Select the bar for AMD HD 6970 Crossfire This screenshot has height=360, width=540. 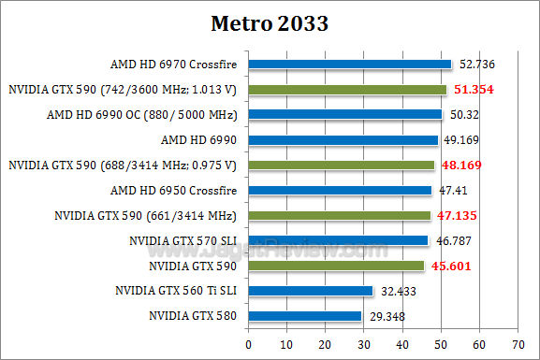[350, 65]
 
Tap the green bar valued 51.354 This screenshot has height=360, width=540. [347, 90]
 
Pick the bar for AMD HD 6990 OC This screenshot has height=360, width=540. [344, 115]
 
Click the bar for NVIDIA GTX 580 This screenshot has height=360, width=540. [304, 316]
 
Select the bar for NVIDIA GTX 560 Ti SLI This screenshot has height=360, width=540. [310, 291]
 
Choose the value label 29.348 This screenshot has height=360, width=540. [387, 317]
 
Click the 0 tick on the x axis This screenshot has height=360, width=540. [248, 345]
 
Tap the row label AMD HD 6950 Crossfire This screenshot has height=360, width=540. [173, 191]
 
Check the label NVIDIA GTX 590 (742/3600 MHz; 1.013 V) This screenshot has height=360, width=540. [123, 90]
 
